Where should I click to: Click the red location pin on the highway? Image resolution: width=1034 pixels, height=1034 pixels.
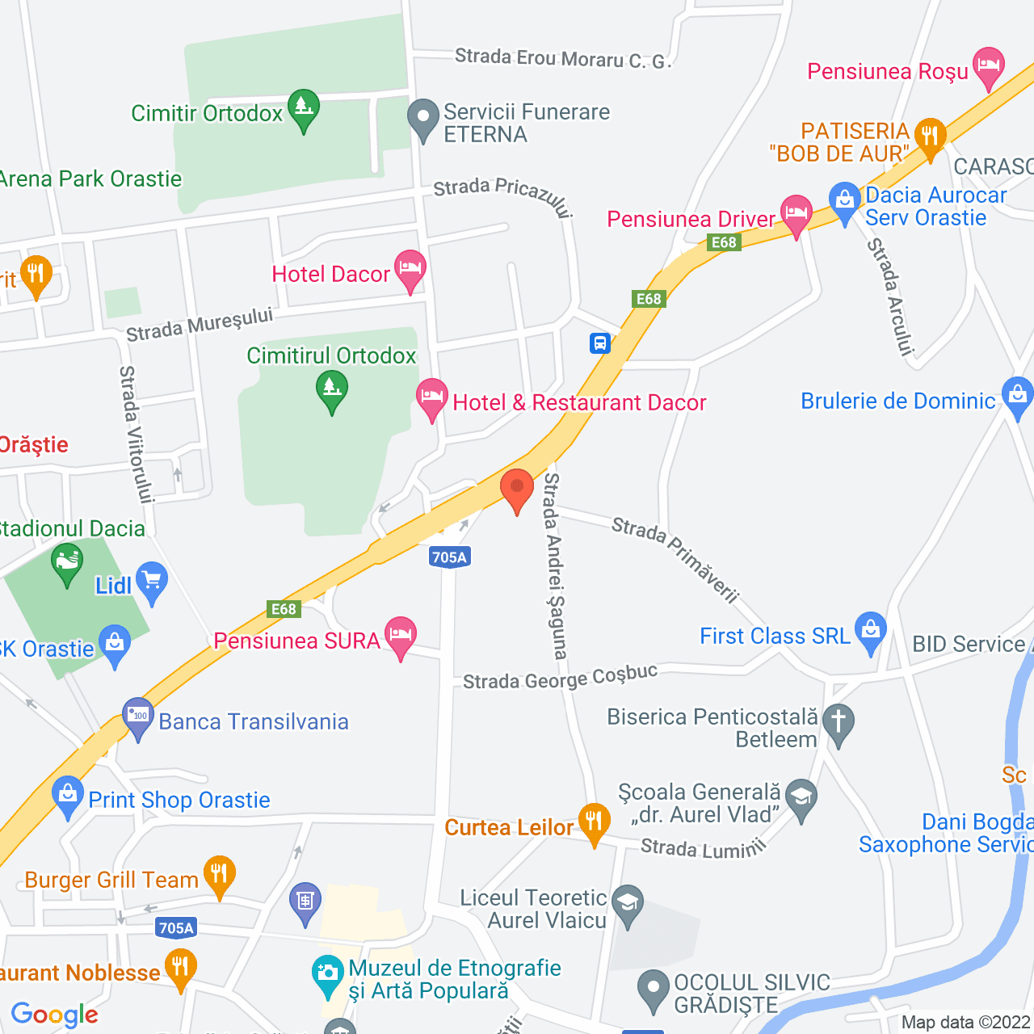coord(517,490)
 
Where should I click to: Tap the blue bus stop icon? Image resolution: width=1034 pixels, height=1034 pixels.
coord(599,343)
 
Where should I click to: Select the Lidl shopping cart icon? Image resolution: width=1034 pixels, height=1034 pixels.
coord(151,581)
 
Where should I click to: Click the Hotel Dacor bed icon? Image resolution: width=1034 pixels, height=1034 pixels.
coord(410,269)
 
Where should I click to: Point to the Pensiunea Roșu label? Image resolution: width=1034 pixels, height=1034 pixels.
coord(888,72)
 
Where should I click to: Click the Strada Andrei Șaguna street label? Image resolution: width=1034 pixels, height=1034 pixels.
coord(555,565)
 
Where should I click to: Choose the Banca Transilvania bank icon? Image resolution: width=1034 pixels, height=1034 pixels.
coord(138,717)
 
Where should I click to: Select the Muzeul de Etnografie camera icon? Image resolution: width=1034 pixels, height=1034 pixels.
coord(328,974)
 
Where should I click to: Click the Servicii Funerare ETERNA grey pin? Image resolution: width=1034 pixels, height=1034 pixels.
coord(423,118)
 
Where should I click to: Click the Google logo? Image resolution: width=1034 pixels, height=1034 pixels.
coord(55,1015)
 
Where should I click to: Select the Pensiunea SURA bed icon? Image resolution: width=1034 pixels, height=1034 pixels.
coord(401,636)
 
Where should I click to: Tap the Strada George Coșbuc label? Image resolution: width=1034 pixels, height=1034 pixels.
coord(560,678)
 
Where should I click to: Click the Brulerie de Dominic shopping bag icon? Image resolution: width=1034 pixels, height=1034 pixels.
coord(1017,396)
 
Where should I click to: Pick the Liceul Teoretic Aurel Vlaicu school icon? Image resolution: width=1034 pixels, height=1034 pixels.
coord(628,904)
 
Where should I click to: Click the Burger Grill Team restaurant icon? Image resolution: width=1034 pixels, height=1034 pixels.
coord(219,875)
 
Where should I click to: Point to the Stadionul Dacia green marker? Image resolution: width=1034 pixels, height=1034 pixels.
coord(67,561)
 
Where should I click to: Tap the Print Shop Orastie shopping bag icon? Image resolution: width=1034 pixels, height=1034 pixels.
coord(68,795)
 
